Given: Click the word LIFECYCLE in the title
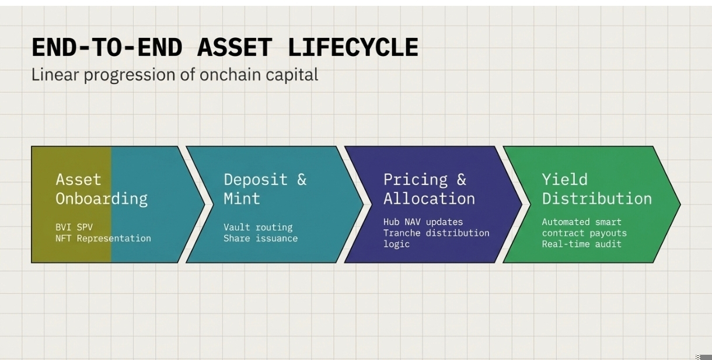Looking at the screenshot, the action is pyautogui.click(x=353, y=47).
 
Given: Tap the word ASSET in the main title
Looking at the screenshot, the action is pyautogui.click(x=235, y=47).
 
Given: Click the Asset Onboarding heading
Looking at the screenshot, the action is pyautogui.click(x=102, y=190).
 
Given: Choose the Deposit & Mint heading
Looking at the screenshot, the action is pyautogui.click(x=265, y=190).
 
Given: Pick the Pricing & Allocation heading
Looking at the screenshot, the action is pyautogui.click(x=429, y=190).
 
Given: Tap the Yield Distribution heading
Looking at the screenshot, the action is pyautogui.click(x=597, y=190).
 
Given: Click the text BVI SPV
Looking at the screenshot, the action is pyautogui.click(x=74, y=227).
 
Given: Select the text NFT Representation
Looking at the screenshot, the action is pyautogui.click(x=103, y=238).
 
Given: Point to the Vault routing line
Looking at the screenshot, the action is pyautogui.click(x=258, y=227).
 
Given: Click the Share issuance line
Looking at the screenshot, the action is pyautogui.click(x=261, y=238).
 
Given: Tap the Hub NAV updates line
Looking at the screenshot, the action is pyautogui.click(x=423, y=222).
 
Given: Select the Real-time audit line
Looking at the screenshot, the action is pyautogui.click(x=582, y=244).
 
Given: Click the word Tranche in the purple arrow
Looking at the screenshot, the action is pyautogui.click(x=402, y=233).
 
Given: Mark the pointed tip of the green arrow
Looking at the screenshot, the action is pyautogui.click(x=680, y=205).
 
